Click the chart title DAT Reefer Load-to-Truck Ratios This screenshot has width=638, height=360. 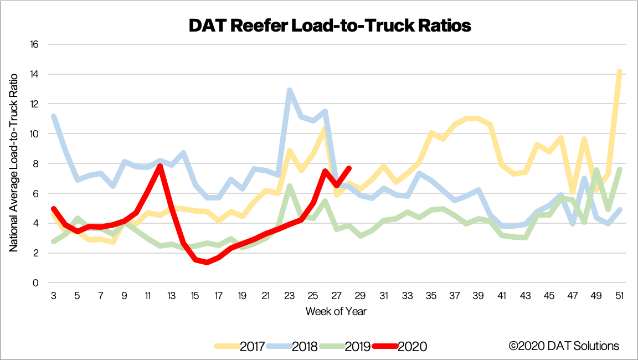[x=330, y=25]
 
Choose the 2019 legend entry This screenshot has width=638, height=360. [x=343, y=346]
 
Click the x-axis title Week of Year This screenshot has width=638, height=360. [x=336, y=311]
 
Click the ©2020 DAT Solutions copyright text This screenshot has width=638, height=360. [x=564, y=346]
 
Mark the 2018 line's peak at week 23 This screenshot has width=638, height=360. [x=290, y=90]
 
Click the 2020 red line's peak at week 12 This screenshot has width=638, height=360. [x=160, y=166]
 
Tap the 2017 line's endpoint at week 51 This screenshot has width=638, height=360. [x=620, y=71]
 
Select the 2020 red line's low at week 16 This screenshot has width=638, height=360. [x=207, y=263]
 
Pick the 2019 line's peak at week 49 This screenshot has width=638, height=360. [x=596, y=170]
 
